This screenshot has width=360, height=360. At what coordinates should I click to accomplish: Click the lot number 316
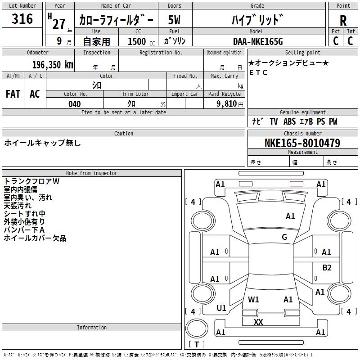pos(22,19)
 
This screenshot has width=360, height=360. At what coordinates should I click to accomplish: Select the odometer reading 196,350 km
pos(53,64)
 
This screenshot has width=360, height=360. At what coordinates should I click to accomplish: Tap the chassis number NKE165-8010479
pos(302,143)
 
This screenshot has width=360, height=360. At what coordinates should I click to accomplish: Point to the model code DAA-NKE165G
pos(258,41)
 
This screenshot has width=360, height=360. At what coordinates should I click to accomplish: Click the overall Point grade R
pos(343,21)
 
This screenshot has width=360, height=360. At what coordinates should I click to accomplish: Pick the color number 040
pos(75,104)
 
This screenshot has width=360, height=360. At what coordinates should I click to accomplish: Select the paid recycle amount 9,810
pos(227,104)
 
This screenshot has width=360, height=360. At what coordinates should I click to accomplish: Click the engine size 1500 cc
pos(141,41)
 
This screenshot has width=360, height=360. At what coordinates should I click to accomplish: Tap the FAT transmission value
pos(13,94)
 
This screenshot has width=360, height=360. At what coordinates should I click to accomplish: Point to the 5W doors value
pos(174,20)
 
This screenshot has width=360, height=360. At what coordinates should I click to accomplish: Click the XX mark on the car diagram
pos(258,322)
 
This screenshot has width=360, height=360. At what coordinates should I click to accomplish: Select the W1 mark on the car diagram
pos(253,300)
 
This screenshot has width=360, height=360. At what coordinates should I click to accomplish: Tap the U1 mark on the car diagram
pos(221,308)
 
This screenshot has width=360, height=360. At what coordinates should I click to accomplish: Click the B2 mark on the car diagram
pos(327,268)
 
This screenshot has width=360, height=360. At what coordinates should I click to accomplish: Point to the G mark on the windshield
pos(284,237)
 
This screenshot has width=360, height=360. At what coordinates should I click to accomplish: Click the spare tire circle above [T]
pos(197,328)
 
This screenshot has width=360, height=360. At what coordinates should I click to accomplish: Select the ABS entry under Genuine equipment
pos(289,121)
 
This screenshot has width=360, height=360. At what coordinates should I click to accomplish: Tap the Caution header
pos(123,133)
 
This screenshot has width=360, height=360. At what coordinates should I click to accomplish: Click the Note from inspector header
pos(92,173)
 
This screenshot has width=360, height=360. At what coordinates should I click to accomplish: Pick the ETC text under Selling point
pos(258,72)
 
